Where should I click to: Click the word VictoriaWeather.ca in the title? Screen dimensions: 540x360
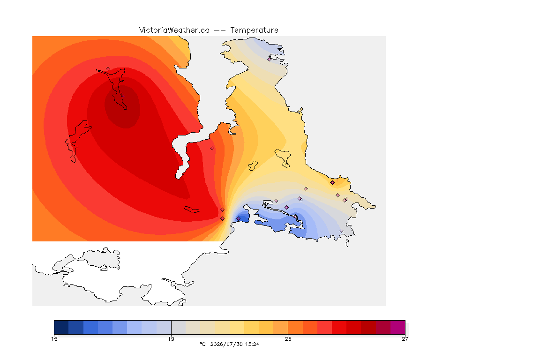pos(174,30)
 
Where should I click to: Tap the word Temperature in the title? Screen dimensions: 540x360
pos(254,30)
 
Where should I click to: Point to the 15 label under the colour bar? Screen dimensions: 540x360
pos(54,339)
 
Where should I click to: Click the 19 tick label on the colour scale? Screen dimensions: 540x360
pos(171,339)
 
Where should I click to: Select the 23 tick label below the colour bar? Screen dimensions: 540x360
pos(288,339)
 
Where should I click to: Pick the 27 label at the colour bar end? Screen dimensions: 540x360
pos(405,339)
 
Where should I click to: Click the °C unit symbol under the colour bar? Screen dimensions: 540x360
pos(203,344)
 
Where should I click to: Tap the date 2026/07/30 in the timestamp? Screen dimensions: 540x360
pos(226,344)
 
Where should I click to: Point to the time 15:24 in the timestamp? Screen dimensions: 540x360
pos(252,344)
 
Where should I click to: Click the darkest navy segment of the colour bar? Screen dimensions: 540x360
pos(61,327)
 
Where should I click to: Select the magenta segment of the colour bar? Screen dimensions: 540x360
pos(398,327)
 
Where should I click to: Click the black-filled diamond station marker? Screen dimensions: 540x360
pos(332,183)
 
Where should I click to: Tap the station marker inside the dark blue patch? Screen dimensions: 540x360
pos(238,219)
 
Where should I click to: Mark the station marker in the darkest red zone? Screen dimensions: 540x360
pos(122,94)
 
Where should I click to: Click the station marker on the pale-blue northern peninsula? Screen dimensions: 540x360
pos(270,59)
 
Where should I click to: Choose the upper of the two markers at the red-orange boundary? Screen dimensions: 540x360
pos(223,210)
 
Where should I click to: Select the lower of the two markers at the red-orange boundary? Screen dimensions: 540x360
pos(223,219)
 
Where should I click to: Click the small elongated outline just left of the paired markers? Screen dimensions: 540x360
pos(192,210)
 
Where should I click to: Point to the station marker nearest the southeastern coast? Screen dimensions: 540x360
pos(341,231)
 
